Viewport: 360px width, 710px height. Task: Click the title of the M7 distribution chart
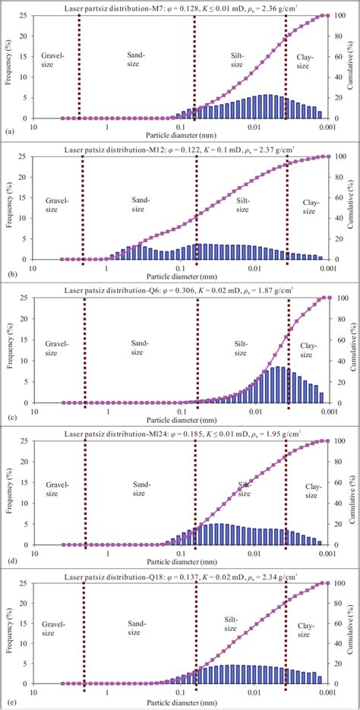(x=180, y=7)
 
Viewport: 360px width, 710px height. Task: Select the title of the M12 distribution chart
(x=180, y=149)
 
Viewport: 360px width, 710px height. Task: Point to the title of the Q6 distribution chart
(x=180, y=290)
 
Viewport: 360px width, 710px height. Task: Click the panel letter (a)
(x=9, y=131)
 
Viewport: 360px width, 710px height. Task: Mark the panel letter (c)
(x=9, y=415)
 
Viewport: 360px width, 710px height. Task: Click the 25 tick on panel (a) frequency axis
(x=24, y=15)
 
